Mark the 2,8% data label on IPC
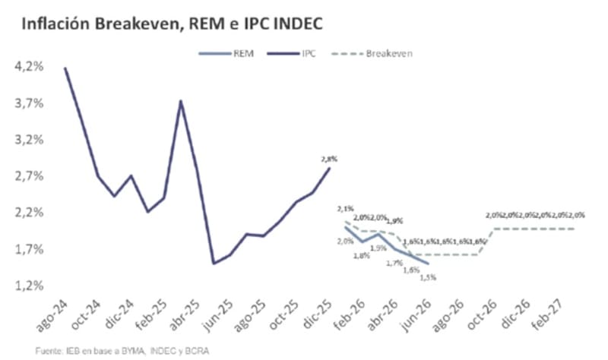(329, 159)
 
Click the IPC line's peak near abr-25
(181, 101)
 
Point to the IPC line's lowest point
(214, 264)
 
